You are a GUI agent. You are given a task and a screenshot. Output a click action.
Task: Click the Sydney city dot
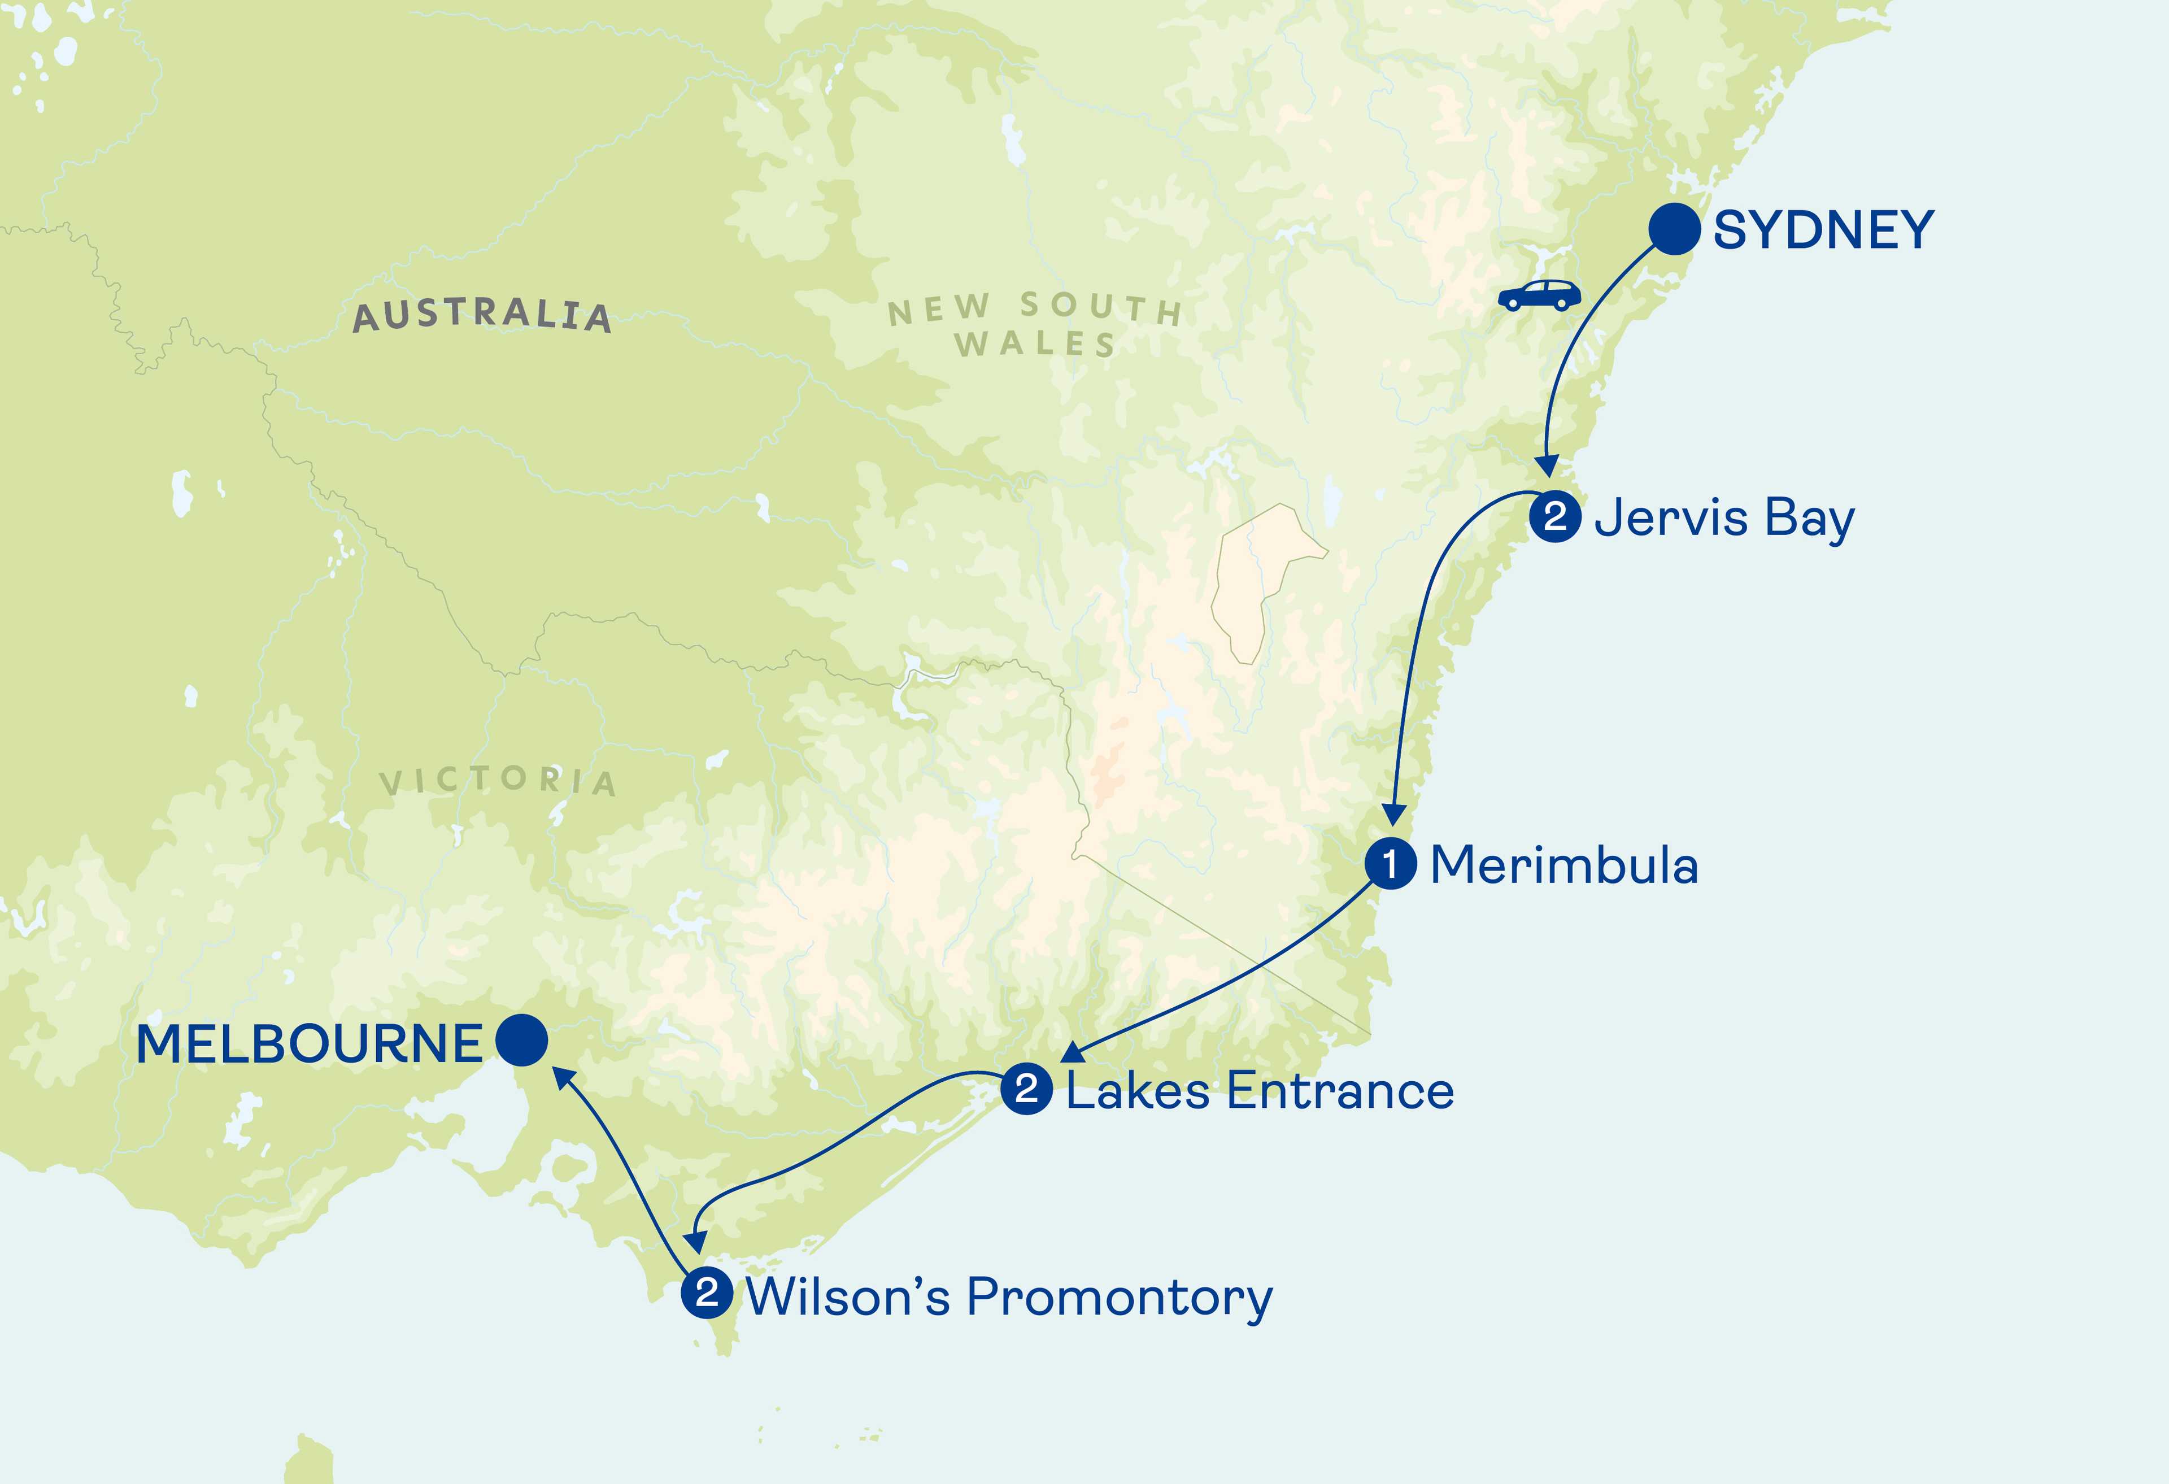[1674, 229]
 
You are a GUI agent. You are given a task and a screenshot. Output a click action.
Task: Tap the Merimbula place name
[1564, 865]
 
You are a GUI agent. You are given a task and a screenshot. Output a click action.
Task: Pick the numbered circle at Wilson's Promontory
[707, 1292]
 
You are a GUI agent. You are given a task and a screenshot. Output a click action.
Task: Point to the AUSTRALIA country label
[482, 315]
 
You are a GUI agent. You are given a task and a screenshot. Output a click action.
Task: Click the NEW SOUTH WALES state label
[1035, 325]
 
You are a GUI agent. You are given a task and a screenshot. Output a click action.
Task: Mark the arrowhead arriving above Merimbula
[1392, 815]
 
